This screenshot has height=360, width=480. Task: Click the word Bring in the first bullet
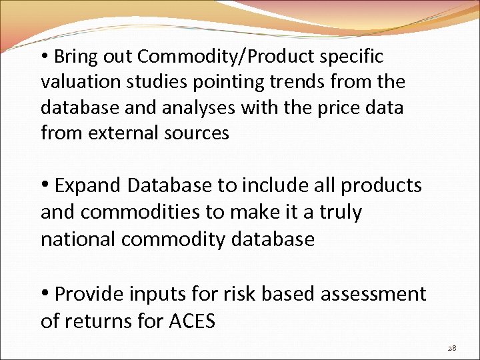[77, 57]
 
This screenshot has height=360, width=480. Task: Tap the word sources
[198, 133]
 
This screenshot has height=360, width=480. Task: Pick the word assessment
[372, 294]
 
